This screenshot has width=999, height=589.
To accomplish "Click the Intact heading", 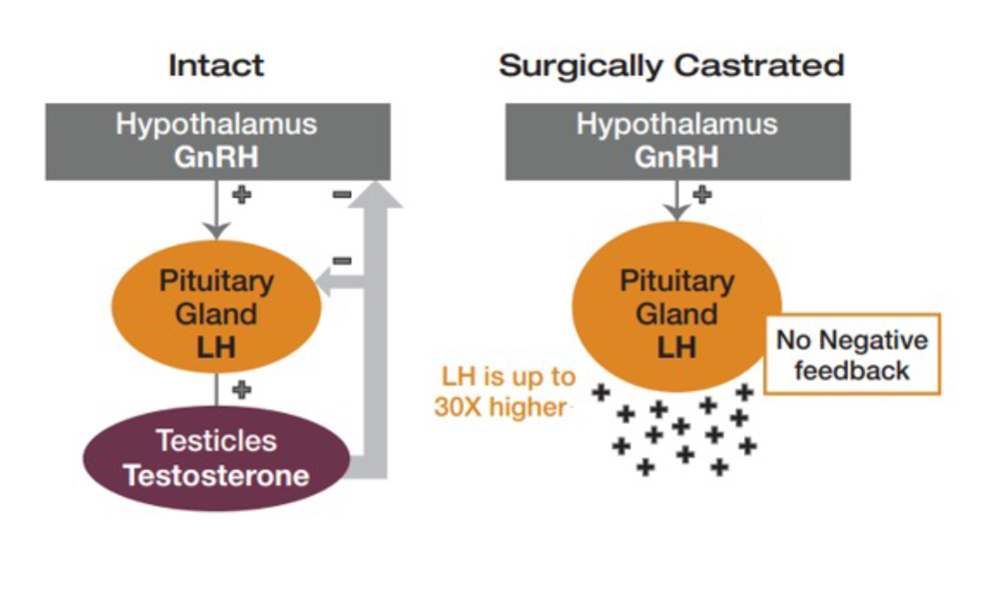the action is [216, 65].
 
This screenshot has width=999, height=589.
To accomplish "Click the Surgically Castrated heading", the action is [671, 66].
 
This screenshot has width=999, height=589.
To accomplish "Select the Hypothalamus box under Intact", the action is [218, 142].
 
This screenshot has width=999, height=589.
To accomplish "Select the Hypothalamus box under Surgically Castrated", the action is [678, 142].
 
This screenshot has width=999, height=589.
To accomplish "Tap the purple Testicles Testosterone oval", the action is [217, 458].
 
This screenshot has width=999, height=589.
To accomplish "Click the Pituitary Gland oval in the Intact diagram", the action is [217, 306].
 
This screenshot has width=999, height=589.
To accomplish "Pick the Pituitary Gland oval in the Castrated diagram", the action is [676, 306].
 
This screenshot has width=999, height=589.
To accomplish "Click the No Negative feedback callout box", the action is [852, 354].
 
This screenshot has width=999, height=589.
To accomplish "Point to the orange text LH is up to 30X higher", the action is [504, 391].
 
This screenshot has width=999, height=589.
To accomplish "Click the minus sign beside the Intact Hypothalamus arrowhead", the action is [342, 195].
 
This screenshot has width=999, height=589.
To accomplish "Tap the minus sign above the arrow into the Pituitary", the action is [342, 261].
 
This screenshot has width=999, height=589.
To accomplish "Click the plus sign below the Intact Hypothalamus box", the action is [242, 195].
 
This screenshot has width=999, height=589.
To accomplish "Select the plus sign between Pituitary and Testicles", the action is [242, 389].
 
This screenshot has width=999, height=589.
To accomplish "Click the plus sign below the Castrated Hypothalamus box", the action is [702, 195].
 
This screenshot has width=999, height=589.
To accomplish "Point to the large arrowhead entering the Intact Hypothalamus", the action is [376, 195].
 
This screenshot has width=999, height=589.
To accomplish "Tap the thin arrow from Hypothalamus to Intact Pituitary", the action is [217, 210].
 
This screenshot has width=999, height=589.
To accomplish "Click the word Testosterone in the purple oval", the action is [217, 475].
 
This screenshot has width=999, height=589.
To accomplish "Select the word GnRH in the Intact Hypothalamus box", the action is [217, 158].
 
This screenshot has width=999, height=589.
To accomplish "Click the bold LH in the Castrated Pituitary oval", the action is [676, 347].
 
